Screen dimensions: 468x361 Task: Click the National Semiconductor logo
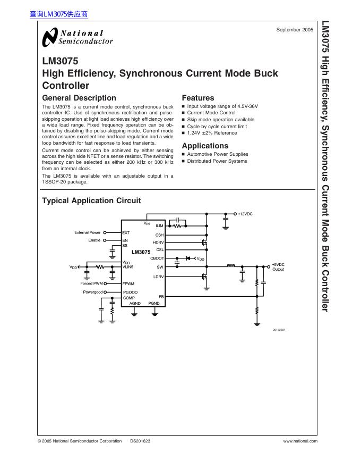[78, 37]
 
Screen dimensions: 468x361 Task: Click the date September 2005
[295, 30]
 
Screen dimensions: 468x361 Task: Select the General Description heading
[79, 98]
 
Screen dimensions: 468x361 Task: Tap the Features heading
[198, 98]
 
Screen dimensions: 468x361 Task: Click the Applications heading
[205, 146]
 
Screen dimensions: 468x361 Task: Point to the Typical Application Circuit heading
[91, 200]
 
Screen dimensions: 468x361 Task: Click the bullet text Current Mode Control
[211, 113]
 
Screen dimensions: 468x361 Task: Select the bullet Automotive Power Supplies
[218, 154]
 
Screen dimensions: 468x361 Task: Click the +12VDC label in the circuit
[245, 214]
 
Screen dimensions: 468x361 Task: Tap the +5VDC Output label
[278, 267]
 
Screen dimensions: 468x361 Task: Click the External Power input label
[88, 232]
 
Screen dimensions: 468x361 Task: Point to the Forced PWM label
[91, 283]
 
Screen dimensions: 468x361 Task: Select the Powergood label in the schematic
[93, 292]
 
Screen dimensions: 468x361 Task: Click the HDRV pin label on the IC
[158, 242]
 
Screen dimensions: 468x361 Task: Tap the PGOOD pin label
[131, 292]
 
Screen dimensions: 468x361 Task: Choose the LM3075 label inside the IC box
[141, 252]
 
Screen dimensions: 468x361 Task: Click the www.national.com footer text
[300, 441]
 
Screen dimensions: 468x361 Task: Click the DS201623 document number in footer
[140, 441]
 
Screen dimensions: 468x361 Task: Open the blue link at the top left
[58, 14]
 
